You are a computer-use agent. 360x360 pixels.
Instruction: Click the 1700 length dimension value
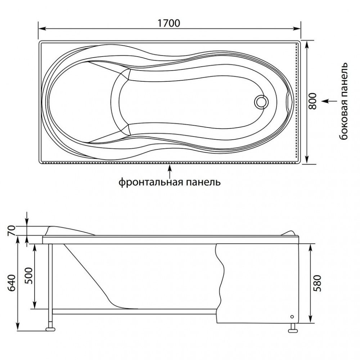click(169, 23)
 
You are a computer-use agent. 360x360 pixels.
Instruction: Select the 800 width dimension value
click(312, 101)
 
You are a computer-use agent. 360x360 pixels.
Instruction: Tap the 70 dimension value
click(12, 230)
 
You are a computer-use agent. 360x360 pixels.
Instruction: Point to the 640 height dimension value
click(12, 283)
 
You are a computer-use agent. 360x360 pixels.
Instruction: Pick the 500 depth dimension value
click(29, 276)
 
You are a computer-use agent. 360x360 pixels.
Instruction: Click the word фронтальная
click(150, 182)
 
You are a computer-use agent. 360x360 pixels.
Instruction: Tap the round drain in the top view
click(261, 101)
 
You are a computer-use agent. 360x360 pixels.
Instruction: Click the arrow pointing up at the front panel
click(170, 171)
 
